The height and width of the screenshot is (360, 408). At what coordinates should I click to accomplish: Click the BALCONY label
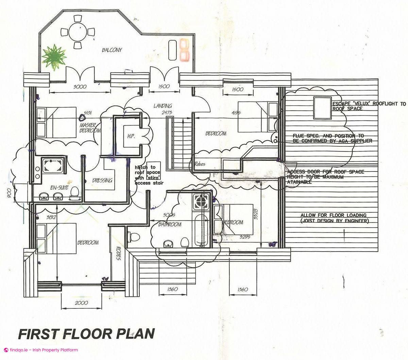coord(112,50)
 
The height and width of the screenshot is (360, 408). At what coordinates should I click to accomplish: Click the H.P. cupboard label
coord(131,136)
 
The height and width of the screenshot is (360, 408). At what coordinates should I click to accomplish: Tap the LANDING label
coord(163,106)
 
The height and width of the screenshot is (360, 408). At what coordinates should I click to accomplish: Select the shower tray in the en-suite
coord(52,166)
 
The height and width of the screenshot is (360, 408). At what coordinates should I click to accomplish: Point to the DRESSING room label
coord(102,180)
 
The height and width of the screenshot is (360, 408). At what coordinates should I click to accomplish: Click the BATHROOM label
coord(170,224)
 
